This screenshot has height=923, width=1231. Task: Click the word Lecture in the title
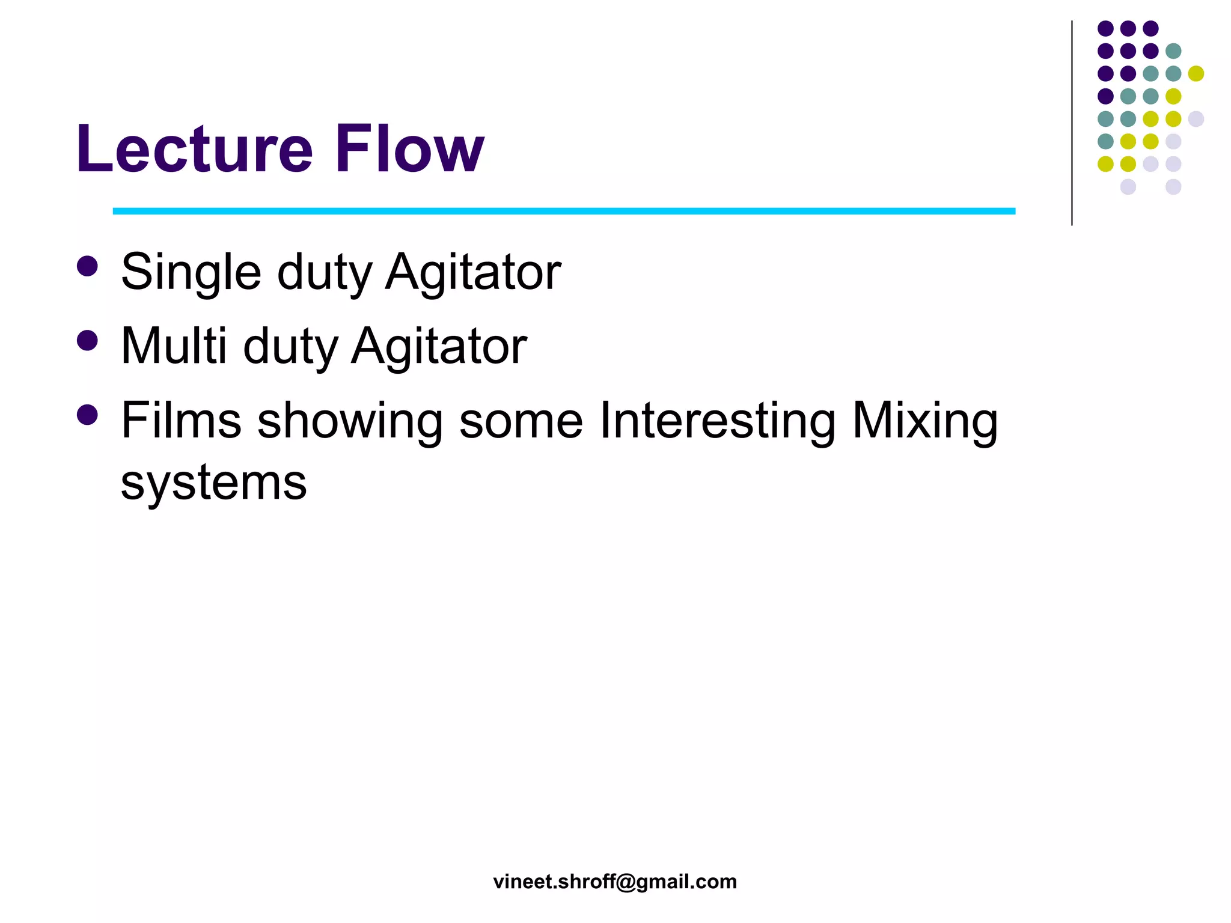(x=194, y=149)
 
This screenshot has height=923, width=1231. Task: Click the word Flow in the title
(x=409, y=149)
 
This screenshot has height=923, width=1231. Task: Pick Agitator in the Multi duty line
(x=439, y=347)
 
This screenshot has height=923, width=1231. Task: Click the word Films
(x=181, y=421)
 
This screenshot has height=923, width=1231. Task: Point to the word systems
(x=213, y=483)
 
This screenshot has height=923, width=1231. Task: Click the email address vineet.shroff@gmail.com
(x=615, y=882)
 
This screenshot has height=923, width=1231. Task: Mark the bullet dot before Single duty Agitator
(x=88, y=266)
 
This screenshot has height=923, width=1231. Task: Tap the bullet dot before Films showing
(x=88, y=415)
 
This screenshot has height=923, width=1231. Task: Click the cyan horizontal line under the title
(x=564, y=211)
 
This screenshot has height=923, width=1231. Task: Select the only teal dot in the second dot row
(x=1173, y=51)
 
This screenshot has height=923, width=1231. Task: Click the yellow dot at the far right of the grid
(x=1196, y=73)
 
